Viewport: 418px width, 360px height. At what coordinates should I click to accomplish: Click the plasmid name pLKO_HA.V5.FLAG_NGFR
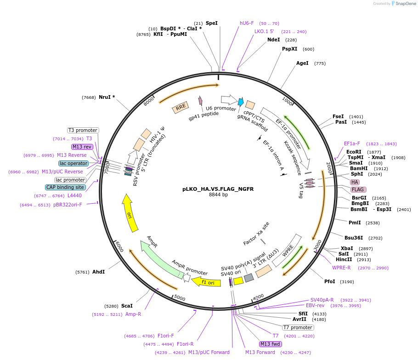[x=218, y=189]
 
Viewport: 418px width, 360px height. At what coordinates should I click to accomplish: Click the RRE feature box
[x=181, y=108]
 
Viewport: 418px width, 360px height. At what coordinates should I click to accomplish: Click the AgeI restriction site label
[x=302, y=63]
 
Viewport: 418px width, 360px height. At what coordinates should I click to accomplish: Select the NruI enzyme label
[x=107, y=97]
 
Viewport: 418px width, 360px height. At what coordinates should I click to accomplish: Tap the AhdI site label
[x=98, y=272]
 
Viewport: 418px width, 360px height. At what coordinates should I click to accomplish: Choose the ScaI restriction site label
[x=127, y=306]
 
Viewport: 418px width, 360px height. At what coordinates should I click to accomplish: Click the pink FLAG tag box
[x=358, y=189]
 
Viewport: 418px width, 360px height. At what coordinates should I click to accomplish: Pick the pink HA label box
[x=355, y=182]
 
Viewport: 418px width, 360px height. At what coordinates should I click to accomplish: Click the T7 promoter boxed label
[x=298, y=328]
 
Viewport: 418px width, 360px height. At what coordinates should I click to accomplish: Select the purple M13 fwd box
[x=270, y=344]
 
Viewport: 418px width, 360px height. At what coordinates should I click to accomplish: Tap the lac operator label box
[x=73, y=163]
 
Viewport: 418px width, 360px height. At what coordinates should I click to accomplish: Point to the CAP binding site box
[x=65, y=187]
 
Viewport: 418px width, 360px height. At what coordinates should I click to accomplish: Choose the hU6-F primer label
[x=247, y=23]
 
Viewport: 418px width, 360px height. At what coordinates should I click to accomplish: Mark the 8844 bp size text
[x=218, y=195]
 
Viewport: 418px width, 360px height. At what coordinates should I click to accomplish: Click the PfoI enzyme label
[x=329, y=281]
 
